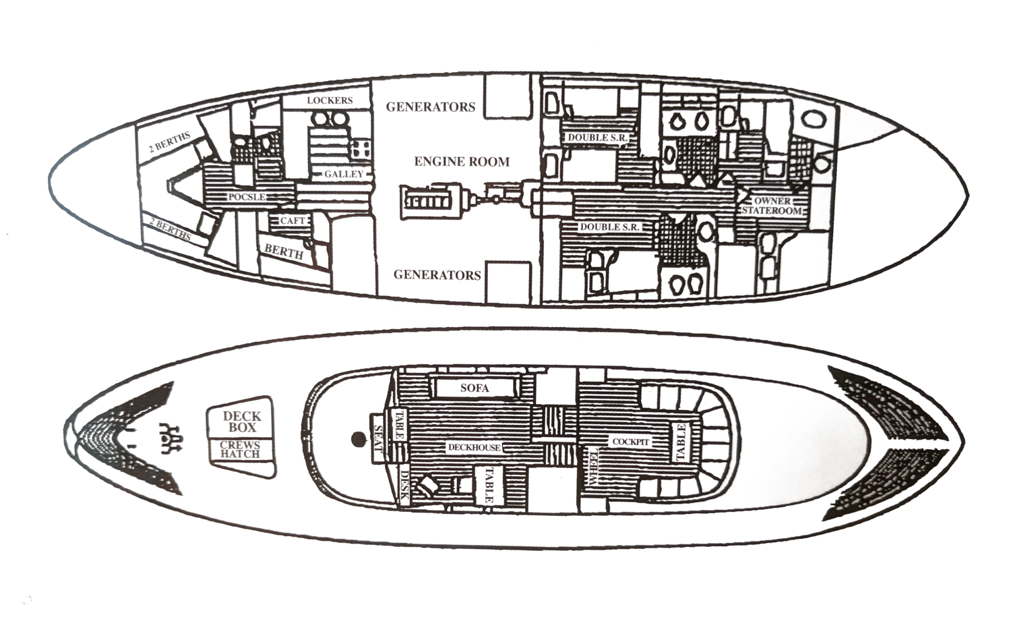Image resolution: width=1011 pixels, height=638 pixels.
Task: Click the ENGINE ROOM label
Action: pyautogui.click(x=462, y=162)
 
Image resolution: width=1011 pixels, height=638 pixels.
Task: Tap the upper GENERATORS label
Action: pyautogui.click(x=430, y=107)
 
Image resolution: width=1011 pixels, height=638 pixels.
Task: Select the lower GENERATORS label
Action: pyautogui.click(x=437, y=274)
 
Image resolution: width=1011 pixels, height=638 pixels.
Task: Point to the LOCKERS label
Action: pyautogui.click(x=330, y=100)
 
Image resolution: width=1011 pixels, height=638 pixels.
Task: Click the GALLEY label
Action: pyautogui.click(x=344, y=174)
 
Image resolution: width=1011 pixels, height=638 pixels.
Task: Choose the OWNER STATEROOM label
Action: pyautogui.click(x=772, y=206)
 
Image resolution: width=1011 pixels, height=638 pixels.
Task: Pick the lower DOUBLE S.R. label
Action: pyautogui.click(x=609, y=227)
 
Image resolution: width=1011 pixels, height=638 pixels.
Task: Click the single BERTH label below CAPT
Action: pyautogui.click(x=284, y=252)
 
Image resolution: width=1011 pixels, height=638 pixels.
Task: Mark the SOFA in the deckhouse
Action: pyautogui.click(x=474, y=388)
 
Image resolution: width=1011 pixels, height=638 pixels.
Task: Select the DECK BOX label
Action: pyautogui.click(x=241, y=422)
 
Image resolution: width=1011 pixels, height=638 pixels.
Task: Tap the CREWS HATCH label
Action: pyautogui.click(x=240, y=450)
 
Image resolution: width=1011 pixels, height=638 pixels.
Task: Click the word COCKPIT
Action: pyautogui.click(x=631, y=442)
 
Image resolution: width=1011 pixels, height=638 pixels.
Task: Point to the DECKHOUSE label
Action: pyautogui.click(x=474, y=447)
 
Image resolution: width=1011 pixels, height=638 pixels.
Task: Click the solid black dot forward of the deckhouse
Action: pyautogui.click(x=357, y=440)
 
